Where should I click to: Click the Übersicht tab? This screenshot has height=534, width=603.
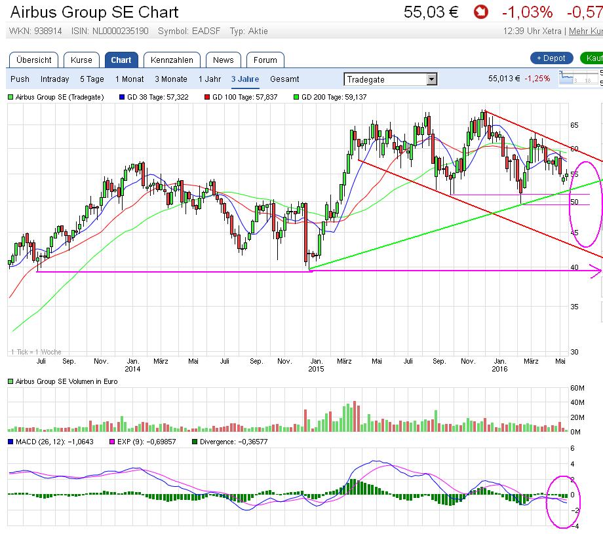click(x=34, y=60)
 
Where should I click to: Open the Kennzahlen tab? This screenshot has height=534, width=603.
click(x=172, y=60)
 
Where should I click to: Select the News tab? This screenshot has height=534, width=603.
click(x=223, y=60)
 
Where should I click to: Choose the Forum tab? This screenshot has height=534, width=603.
click(x=265, y=60)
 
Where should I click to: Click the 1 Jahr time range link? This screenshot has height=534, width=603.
click(x=210, y=79)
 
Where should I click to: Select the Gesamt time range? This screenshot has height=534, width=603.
click(x=284, y=79)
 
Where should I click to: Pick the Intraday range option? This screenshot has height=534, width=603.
click(x=54, y=79)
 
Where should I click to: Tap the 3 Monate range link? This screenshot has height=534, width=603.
click(x=171, y=79)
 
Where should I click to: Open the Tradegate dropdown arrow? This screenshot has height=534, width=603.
click(x=431, y=79)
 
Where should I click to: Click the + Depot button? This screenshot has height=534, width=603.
click(x=551, y=58)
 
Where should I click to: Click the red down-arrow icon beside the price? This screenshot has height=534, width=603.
click(x=481, y=12)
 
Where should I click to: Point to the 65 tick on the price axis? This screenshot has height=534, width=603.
click(x=574, y=124)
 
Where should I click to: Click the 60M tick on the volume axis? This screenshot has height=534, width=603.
click(x=577, y=387)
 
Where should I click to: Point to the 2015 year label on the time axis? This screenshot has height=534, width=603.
click(x=315, y=368)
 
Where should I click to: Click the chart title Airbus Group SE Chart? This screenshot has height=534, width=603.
click(x=94, y=12)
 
